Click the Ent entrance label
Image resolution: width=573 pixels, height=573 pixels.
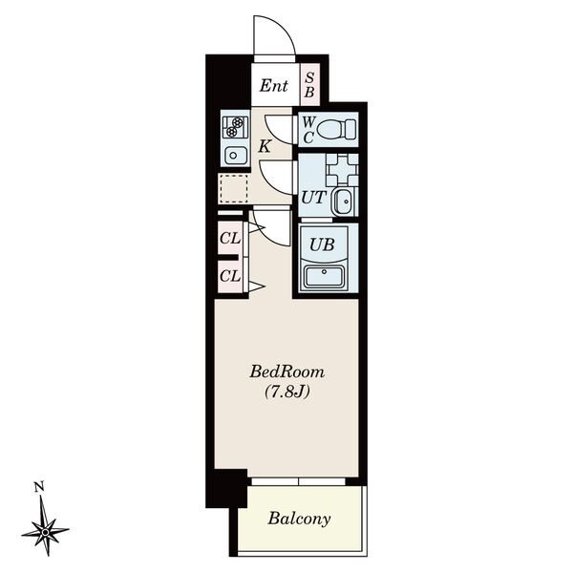274,86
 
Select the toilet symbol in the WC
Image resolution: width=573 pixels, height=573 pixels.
336,130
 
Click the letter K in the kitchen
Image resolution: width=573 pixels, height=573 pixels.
265,147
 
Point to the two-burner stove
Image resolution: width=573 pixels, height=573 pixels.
235,126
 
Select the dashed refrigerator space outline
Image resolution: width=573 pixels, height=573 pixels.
233,188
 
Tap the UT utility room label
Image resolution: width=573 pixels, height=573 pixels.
313,198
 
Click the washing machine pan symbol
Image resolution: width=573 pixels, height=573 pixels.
343,169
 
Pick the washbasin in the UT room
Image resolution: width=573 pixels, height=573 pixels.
344,202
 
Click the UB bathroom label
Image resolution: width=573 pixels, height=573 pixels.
322,244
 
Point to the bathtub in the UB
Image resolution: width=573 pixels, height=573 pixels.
324,277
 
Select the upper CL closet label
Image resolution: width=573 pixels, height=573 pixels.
230,239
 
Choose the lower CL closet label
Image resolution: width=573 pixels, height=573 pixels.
230,276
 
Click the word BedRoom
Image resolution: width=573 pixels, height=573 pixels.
286,372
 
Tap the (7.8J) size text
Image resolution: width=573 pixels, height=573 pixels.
286,392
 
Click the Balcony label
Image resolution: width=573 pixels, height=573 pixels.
299,519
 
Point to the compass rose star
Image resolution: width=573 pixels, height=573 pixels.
45,531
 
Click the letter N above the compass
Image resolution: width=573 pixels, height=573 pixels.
39,487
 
